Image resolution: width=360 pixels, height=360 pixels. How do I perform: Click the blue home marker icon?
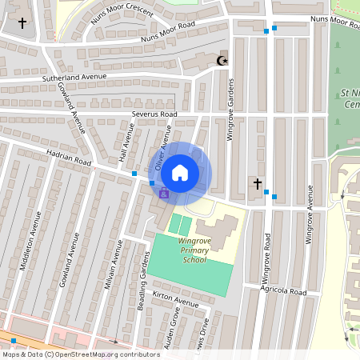[180, 172]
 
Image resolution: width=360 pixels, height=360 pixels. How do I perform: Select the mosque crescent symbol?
[222, 60]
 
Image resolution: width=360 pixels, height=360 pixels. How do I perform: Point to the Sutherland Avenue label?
[74, 78]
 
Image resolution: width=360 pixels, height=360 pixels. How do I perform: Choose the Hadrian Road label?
[69, 162]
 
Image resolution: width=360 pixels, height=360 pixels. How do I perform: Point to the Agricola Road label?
[283, 293]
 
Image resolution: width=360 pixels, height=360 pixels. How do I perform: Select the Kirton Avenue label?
[174, 300]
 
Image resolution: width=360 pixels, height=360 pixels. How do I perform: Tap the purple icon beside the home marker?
[163, 193]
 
